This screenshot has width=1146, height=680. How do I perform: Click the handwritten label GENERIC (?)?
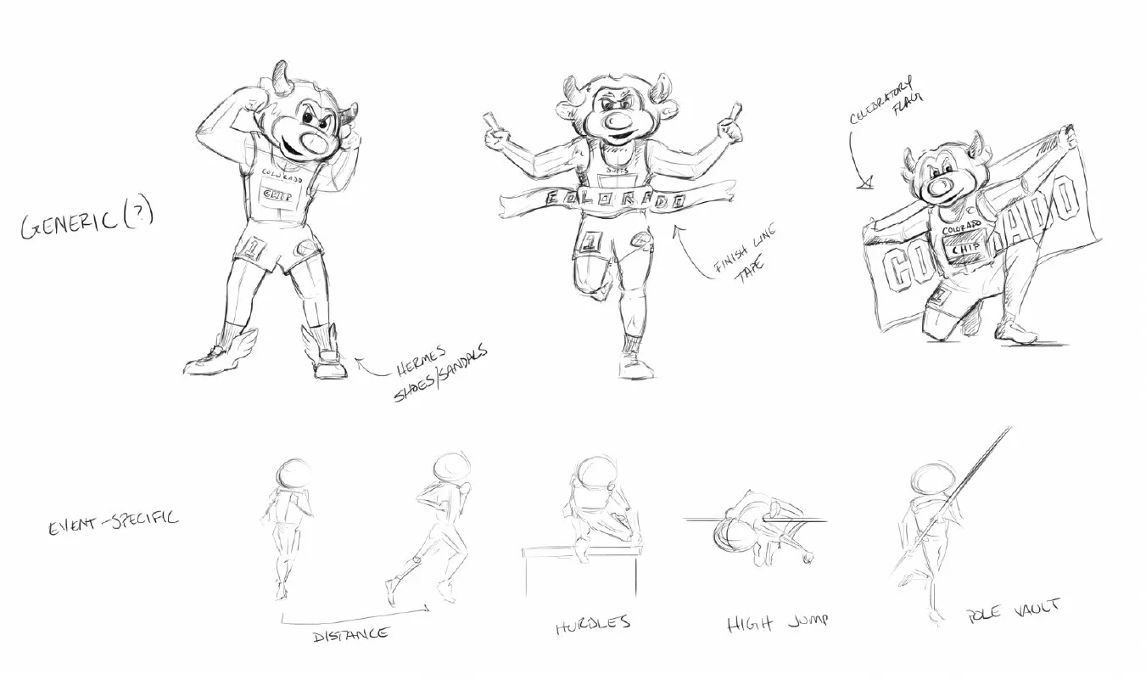[x=85, y=222]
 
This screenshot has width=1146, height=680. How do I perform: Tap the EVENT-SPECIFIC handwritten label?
[x=113, y=519]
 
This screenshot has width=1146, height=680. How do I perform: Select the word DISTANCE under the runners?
[x=351, y=633]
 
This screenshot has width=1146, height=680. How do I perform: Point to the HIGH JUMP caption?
[x=777, y=624]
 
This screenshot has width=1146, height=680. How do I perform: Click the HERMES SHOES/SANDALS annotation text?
[x=439, y=372]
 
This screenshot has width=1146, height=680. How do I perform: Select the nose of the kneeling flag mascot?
[x=939, y=186]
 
